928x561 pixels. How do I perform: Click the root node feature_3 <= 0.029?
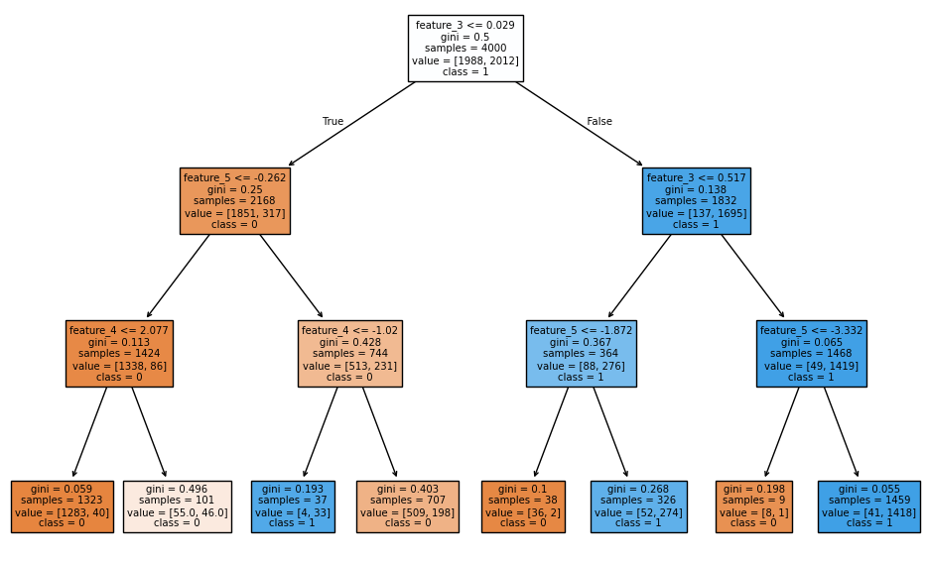point(465,48)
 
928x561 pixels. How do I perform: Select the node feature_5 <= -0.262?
point(234,201)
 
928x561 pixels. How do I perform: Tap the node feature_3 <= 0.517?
point(696,201)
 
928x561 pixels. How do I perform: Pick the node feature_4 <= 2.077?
point(119,354)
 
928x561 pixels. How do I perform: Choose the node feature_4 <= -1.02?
point(349,354)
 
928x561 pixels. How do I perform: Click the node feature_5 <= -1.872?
point(581,354)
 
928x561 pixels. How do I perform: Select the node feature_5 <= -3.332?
point(811,354)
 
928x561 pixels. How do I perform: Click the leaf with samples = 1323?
point(62,506)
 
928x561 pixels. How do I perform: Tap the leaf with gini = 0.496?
point(177,506)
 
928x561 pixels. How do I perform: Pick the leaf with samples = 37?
point(293,506)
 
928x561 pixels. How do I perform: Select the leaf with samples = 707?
point(408,506)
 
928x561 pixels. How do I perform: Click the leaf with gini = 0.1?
point(523,506)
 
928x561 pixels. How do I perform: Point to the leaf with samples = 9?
point(753,506)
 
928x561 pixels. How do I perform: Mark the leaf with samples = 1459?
point(868,506)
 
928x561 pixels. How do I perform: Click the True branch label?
point(332,122)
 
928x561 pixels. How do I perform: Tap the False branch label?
point(599,122)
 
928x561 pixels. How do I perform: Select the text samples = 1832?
point(696,201)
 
